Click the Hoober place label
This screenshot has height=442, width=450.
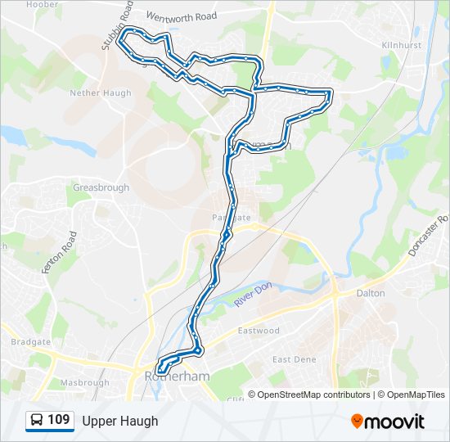click(43, 5)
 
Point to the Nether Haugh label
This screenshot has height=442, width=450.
click(101, 93)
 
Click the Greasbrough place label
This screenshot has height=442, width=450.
click(101, 187)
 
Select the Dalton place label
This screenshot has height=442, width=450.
click(371, 292)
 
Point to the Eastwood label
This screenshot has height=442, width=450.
click(259, 331)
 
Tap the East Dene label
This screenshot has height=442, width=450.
click(294, 359)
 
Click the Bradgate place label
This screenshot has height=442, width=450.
click(30, 341)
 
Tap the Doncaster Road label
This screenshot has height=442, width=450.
click(430, 236)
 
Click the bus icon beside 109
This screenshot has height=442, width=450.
click(36, 421)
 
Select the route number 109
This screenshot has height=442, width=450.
click(58, 420)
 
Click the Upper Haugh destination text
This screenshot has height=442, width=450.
click(119, 421)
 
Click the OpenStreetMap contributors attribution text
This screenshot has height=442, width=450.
click(314, 395)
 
